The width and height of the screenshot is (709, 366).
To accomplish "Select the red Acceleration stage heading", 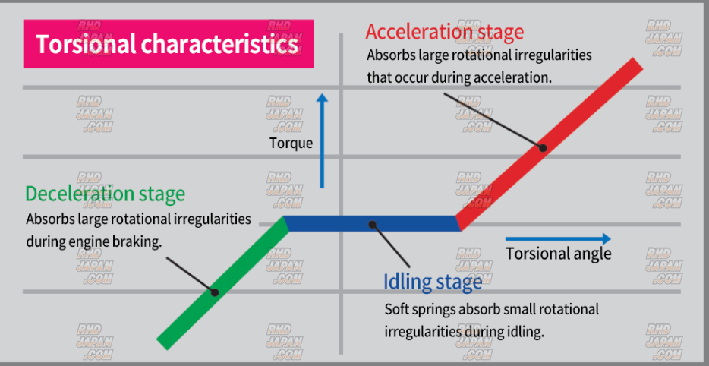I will click(444, 32).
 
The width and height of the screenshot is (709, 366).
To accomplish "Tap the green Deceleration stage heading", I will click(105, 194).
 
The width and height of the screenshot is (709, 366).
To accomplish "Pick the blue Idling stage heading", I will click(433, 282).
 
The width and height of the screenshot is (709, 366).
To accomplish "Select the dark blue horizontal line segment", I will click(372, 224).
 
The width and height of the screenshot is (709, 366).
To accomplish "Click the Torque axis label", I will click(291, 143).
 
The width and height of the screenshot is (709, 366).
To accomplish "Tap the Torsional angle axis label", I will click(558, 254).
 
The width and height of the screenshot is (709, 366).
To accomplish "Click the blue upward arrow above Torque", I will click(323, 140).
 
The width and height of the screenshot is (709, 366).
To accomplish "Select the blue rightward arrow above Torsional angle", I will click(558, 239).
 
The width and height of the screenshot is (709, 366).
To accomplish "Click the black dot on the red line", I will click(543, 147).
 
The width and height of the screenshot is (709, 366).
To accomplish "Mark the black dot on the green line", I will click(215, 292).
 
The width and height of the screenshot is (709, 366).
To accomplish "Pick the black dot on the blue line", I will click(372, 224).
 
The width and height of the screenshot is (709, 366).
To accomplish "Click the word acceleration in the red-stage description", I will click(515, 77).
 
